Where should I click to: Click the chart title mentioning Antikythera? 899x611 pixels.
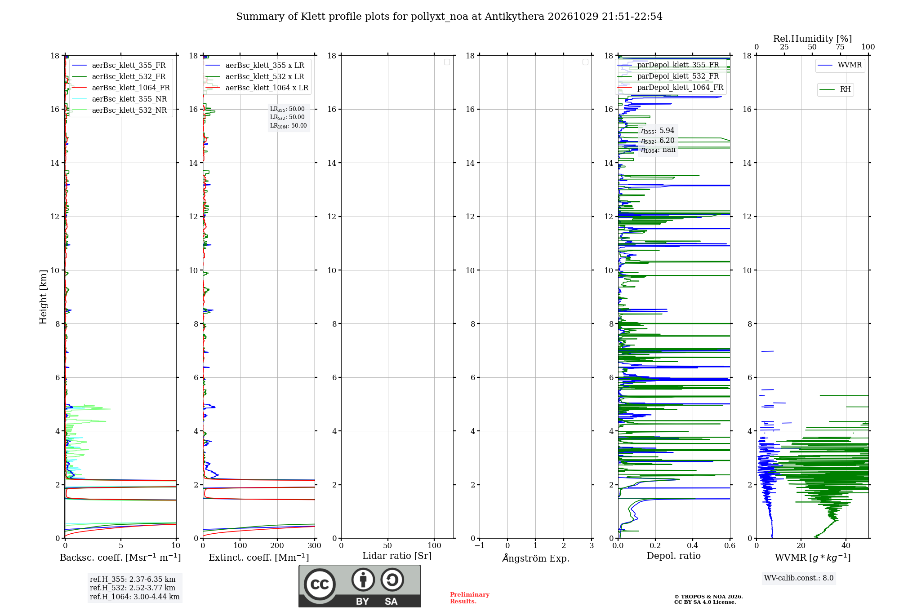(449, 17)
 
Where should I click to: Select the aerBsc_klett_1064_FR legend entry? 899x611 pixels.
(121, 88)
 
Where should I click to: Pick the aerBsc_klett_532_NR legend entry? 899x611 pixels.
(120, 111)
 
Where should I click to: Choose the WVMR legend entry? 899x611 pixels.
(840, 65)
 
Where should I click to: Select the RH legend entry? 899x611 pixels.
(835, 89)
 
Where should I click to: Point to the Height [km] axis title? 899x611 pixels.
(43, 297)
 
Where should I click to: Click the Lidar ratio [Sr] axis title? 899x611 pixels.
(397, 556)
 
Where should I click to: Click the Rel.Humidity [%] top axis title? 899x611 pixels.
(813, 39)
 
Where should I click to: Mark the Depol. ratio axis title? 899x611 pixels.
(674, 556)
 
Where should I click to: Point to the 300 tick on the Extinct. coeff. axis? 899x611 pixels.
(315, 545)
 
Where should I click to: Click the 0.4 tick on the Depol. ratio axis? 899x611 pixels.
(693, 545)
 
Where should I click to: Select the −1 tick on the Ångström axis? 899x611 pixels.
(480, 545)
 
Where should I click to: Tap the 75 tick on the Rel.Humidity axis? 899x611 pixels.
(840, 47)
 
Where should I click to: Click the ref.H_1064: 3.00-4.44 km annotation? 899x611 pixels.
(135, 597)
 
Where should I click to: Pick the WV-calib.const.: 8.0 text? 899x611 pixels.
(799, 578)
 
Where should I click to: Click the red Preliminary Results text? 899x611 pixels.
(470, 598)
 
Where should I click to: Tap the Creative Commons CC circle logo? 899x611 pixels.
(320, 584)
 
